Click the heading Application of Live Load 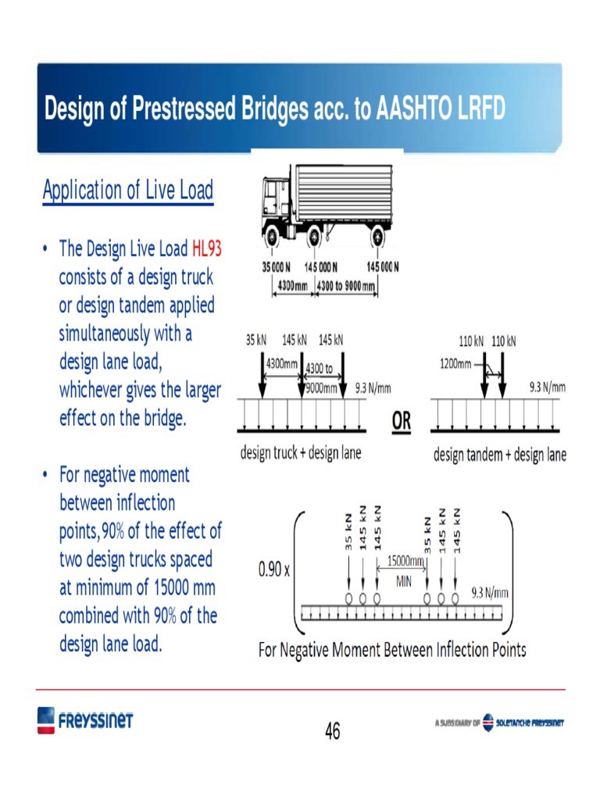(x=127, y=190)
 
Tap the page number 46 (x=333, y=731)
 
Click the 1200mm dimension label (x=455, y=363)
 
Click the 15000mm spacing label (x=405, y=561)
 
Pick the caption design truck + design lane (x=300, y=453)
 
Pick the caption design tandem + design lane (x=499, y=454)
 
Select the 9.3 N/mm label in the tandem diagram (x=547, y=387)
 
